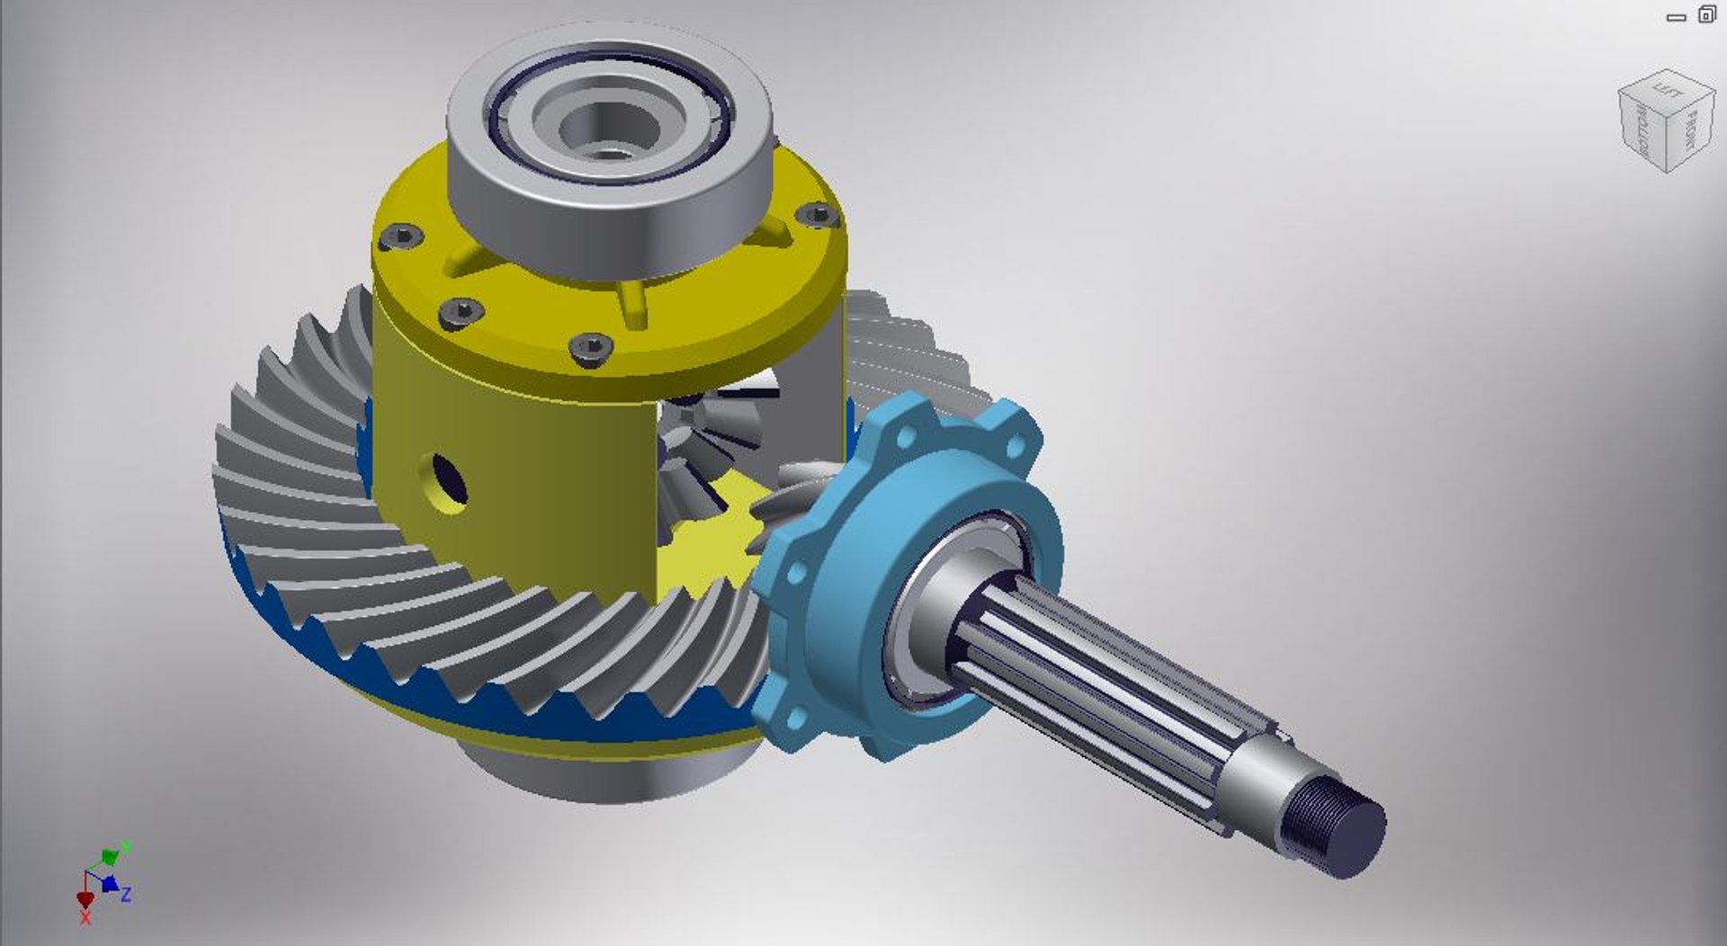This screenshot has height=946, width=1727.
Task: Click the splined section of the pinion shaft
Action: (x=1106, y=683)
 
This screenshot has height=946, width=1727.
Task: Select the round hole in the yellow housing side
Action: (x=448, y=480)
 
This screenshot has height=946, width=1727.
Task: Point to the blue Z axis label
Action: (x=127, y=894)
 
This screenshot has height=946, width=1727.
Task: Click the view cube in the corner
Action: (x=1665, y=120)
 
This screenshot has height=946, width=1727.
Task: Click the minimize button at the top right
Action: (x=1676, y=16)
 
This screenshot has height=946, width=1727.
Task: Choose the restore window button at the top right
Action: (x=1706, y=14)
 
